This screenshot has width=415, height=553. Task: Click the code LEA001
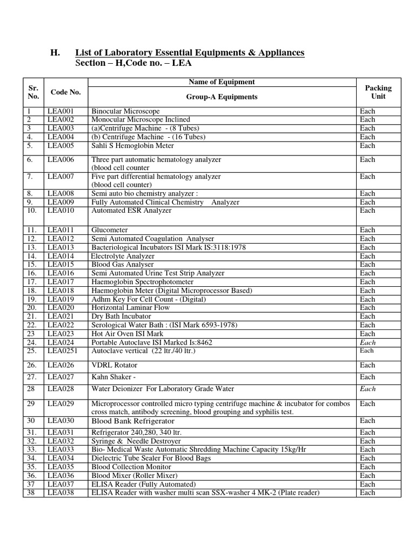pos(59,111)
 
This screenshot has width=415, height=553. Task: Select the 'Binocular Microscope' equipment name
pos(125,111)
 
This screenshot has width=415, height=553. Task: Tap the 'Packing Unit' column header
pos(378,92)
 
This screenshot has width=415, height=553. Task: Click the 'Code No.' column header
pos(65,92)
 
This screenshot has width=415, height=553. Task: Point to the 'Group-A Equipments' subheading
pos(222,97)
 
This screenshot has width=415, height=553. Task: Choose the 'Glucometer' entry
pos(110,230)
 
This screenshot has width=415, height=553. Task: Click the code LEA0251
pos(62,351)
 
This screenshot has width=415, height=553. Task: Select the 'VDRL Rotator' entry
pos(114,365)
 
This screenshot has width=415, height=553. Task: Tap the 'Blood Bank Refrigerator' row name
pos(133,421)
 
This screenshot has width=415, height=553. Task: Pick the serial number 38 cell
pos(31,492)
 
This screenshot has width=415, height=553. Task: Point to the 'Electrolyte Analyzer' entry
pos(123,256)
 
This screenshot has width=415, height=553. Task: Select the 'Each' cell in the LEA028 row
pos(367,389)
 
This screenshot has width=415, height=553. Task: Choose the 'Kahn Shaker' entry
pos(113,377)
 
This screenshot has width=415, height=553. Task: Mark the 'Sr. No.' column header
pos(34,92)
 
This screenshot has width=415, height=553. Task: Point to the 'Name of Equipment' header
pos(222,82)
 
